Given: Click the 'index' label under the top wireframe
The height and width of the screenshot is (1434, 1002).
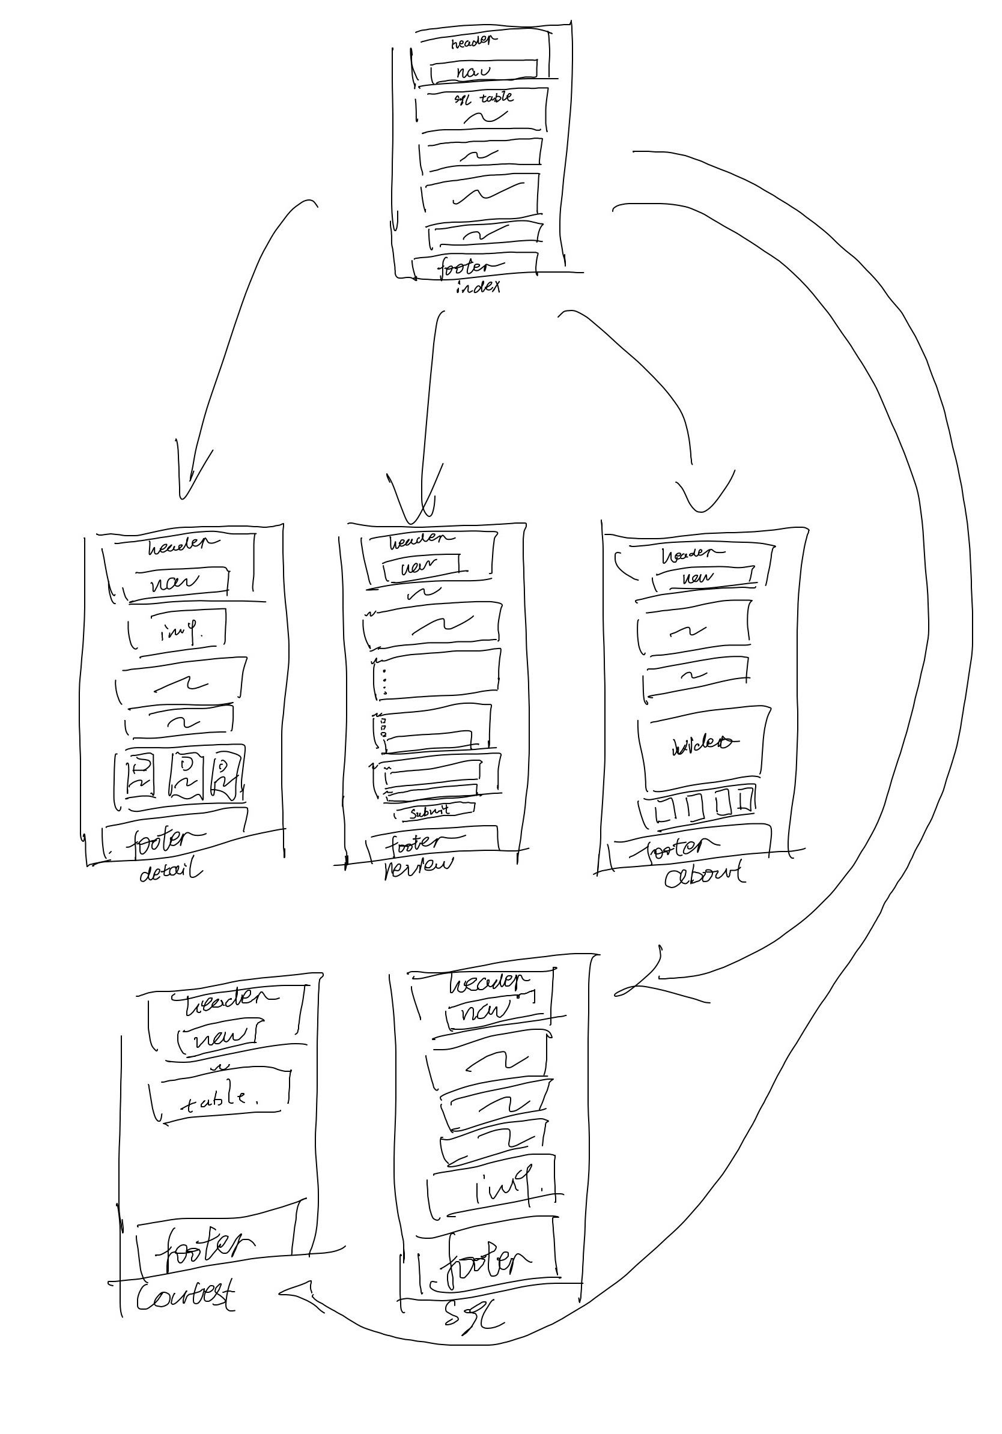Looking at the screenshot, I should (x=478, y=288).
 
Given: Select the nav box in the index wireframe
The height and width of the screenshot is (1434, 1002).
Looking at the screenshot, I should (x=483, y=71).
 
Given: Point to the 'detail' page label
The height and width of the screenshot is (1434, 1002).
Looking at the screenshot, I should (x=170, y=872).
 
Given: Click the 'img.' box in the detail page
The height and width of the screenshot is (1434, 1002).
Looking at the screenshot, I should (x=178, y=633).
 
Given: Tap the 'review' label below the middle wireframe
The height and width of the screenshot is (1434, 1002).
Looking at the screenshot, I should (x=419, y=867).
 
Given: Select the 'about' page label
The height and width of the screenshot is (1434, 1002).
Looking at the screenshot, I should (x=705, y=875).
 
